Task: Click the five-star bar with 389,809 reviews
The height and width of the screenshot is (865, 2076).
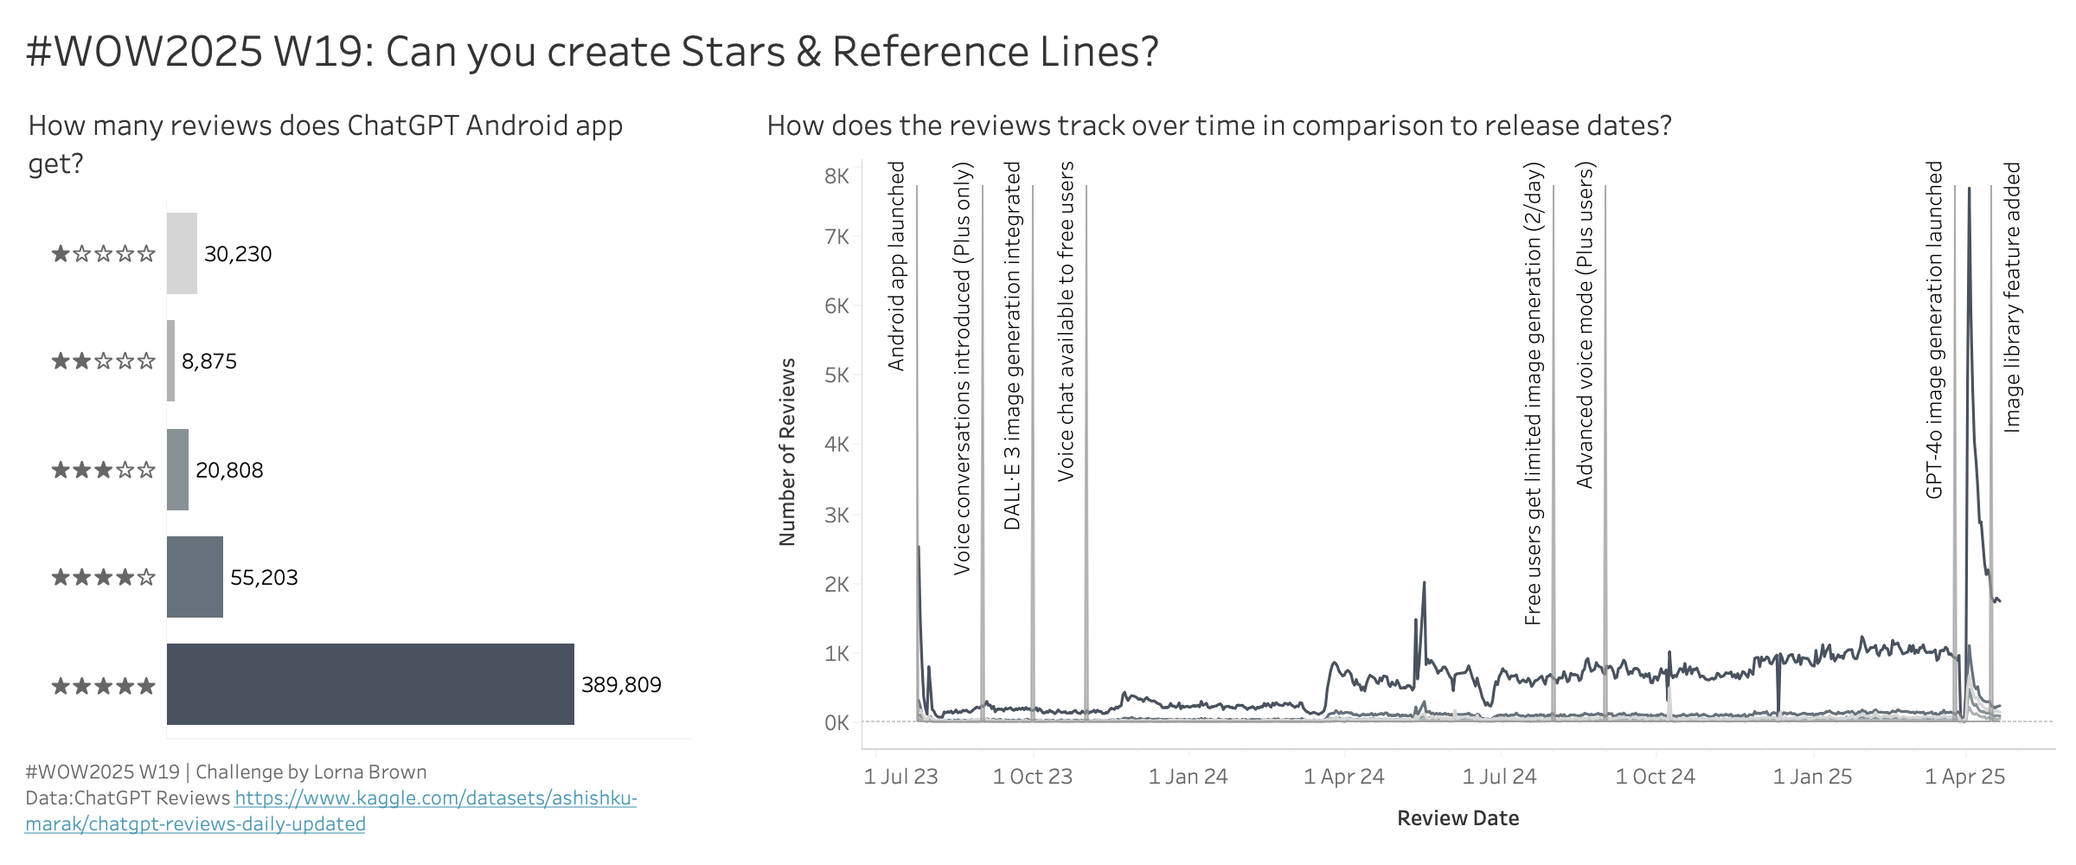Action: [x=370, y=684]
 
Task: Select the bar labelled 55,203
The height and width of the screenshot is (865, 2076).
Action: [x=195, y=577]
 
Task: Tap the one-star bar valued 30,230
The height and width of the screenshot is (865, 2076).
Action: [x=182, y=253]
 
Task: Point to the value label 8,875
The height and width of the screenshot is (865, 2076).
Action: [x=209, y=362]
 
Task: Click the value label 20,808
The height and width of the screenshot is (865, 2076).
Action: [x=229, y=471]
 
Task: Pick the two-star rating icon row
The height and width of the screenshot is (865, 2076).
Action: [x=104, y=362]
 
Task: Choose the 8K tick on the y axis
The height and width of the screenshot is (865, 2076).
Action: [x=836, y=176]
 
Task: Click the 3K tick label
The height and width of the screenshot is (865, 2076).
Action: [x=836, y=516]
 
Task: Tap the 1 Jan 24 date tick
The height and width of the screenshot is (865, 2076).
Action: [x=1188, y=777]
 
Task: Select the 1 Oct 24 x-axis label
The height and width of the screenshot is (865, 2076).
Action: [x=1655, y=777]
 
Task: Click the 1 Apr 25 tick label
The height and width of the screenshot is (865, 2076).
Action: [x=1964, y=777]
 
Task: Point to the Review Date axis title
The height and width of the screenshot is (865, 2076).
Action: [x=1458, y=818]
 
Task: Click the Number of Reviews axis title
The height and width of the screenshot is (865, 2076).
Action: [x=787, y=452]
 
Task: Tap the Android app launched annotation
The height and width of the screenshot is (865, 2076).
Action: [x=896, y=266]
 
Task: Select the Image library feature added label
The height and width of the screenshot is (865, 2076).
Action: [x=2012, y=297]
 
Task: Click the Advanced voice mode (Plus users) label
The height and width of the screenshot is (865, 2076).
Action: [x=1584, y=325]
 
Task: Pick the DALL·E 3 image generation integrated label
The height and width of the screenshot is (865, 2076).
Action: [x=1012, y=346]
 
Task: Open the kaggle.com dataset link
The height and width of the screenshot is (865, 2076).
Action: [x=435, y=798]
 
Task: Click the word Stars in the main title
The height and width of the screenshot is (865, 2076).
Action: [x=734, y=52]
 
